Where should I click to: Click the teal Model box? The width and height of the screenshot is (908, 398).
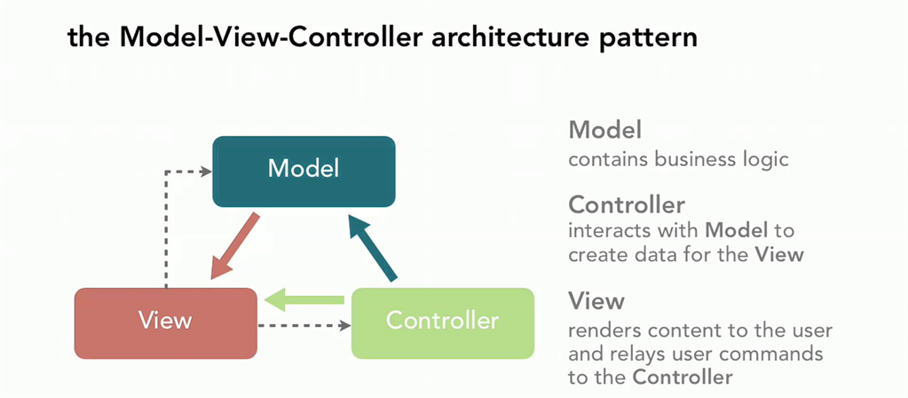click(304, 171)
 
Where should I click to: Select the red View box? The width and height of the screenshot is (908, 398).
click(166, 319)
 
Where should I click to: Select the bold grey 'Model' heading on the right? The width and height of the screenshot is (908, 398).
click(604, 130)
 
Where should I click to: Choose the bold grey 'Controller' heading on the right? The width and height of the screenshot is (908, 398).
click(627, 204)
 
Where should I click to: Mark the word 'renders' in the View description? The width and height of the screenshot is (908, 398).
click(604, 330)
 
